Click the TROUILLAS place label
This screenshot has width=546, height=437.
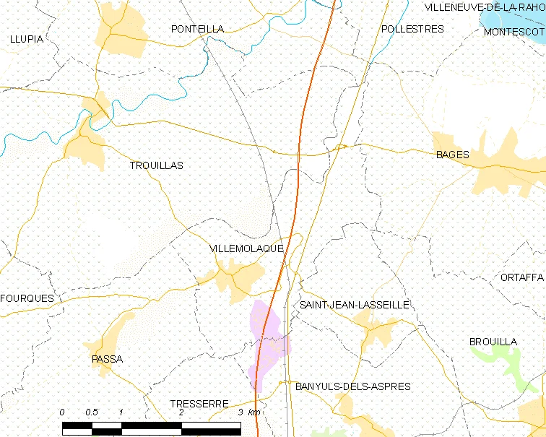coord(156,165)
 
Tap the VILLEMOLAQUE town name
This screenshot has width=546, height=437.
coord(246,248)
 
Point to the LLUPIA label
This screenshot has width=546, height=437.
coord(27,39)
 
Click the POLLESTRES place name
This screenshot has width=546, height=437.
coord(412,29)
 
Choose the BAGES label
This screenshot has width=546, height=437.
coord(452,155)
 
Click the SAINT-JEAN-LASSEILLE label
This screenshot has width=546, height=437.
coord(355,306)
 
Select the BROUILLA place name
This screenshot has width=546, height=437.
coord(493,342)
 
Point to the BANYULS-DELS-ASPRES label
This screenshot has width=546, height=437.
coord(353,386)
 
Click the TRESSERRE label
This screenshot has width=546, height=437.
coord(199,404)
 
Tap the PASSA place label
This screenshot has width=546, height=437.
coord(107,359)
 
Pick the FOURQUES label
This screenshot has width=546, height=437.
coord(27,298)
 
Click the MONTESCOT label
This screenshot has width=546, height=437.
coord(513,33)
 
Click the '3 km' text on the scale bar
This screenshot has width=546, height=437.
coord(249,412)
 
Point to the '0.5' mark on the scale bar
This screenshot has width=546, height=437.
coord(92,412)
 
